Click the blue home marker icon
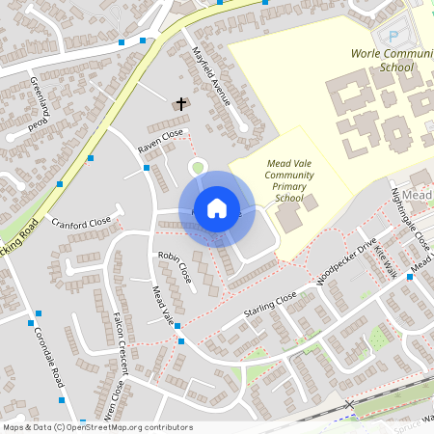[x=217, y=208]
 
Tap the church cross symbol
[x=180, y=103]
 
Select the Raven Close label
[x=160, y=143]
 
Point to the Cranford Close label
[x=82, y=224]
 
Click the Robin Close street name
[x=175, y=267]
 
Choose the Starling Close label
[x=270, y=308]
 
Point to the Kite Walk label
[x=385, y=256]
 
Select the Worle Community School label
[x=384, y=61]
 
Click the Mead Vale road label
[x=161, y=305]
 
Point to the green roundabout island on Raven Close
[x=198, y=168]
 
